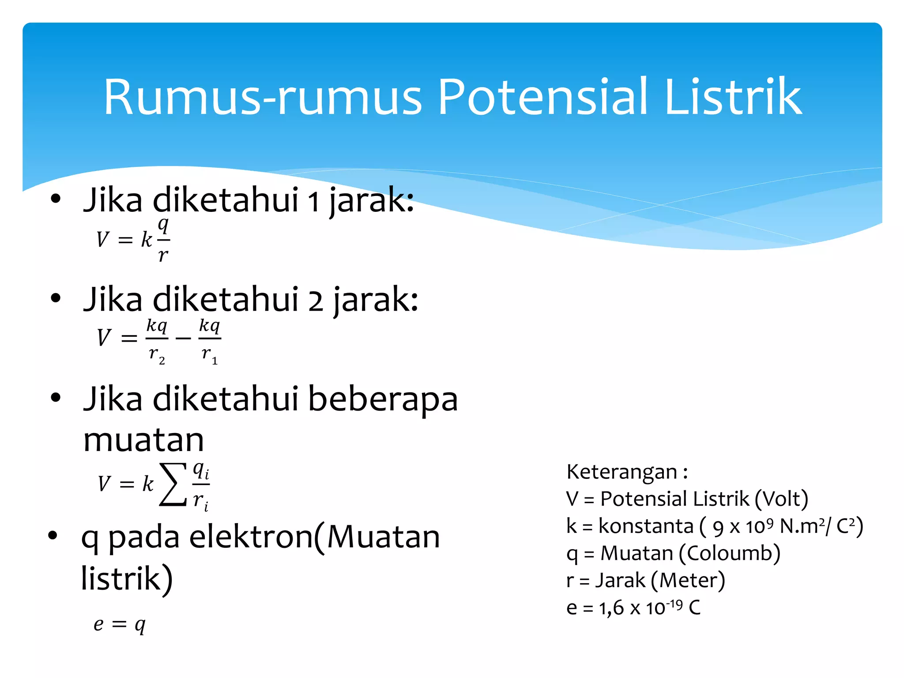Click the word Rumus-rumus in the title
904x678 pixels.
(263, 98)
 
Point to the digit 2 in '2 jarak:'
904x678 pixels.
(315, 301)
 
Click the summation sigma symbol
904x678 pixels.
(173, 484)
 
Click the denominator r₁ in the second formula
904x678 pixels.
(209, 354)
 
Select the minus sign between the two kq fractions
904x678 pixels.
(183, 339)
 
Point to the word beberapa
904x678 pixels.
(382, 399)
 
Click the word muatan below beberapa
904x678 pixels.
(143, 440)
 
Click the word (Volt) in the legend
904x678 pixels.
(781, 499)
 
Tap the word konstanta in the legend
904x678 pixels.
(646, 527)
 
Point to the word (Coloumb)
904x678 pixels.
(729, 554)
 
